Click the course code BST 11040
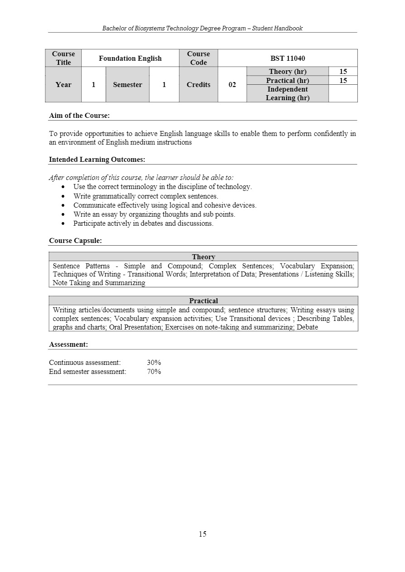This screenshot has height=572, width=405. [x=288, y=58]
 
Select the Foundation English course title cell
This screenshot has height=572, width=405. [x=130, y=58]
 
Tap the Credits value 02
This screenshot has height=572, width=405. [x=232, y=85]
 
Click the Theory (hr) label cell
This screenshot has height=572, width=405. [x=288, y=72]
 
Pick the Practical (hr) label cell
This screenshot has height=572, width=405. [x=288, y=81]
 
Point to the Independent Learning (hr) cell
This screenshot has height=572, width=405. [x=288, y=93]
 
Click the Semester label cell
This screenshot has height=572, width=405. [x=127, y=85]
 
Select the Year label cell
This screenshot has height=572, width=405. [x=63, y=85]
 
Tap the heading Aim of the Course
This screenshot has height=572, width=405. [x=79, y=116]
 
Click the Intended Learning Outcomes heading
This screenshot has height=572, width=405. [x=97, y=160]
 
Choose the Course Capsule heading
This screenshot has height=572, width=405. [x=75, y=241]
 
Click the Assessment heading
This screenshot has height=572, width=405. [x=68, y=344]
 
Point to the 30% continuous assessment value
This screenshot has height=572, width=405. [x=154, y=363]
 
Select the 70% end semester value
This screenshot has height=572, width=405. [x=154, y=372]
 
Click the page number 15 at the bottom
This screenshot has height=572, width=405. [x=202, y=534]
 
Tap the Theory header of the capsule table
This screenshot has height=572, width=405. [x=203, y=257]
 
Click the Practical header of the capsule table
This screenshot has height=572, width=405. [x=203, y=301]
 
